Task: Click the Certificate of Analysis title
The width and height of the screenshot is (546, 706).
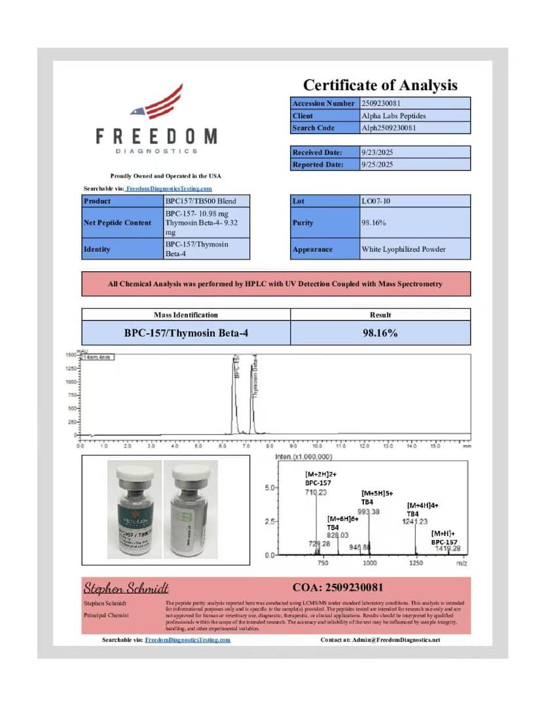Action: pos(380,85)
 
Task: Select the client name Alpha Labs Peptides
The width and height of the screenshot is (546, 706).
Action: pos(393,116)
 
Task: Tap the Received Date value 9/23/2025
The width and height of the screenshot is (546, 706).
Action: pos(377,152)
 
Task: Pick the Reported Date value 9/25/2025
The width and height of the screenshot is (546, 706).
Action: pos(377,165)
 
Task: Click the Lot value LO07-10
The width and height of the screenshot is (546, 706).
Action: pos(376,201)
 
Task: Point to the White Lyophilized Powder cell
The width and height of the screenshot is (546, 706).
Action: pos(403,249)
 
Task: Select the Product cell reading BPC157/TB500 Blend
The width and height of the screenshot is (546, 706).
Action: pos(201,201)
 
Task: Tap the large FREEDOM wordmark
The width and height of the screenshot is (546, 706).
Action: pos(156,136)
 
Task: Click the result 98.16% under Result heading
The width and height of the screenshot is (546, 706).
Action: pos(380,333)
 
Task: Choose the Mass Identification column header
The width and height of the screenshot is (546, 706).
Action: pos(186,314)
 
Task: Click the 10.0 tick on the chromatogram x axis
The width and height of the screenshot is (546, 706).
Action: pos(317,446)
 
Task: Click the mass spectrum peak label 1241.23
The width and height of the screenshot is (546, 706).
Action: pos(415,521)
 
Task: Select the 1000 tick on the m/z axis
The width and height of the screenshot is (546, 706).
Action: pos(370,563)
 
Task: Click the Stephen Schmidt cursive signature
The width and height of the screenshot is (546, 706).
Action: pos(126,588)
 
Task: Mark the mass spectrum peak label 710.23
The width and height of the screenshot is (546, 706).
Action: pos(316,492)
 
